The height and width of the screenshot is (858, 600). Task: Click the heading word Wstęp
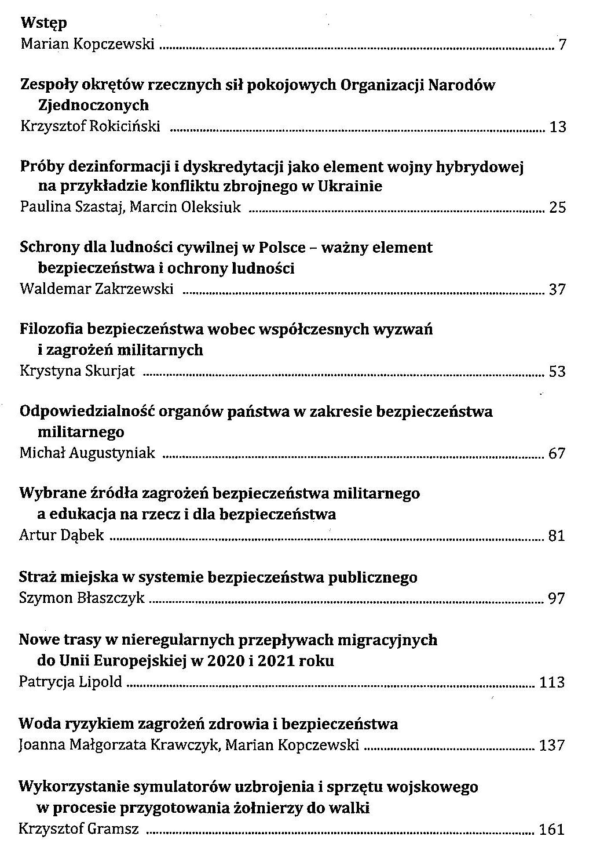pos(43,23)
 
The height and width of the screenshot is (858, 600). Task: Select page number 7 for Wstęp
pos(561,45)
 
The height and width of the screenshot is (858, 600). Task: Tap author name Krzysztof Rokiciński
pos(90,126)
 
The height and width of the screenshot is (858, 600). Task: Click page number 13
pos(557,127)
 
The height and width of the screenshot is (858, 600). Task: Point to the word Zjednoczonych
pos(93,106)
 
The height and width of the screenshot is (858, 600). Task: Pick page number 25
pos(557,208)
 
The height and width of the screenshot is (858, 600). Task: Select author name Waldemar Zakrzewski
pos(97,289)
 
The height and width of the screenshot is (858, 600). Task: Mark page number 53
pos(557,371)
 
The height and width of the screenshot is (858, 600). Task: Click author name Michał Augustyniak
pos(87,453)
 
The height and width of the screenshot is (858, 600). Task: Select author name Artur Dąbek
pos(62,535)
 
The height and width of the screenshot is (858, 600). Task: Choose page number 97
pos(557,598)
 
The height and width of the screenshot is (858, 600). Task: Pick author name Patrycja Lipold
pos(71,682)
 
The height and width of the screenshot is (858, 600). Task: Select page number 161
pos(551,829)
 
